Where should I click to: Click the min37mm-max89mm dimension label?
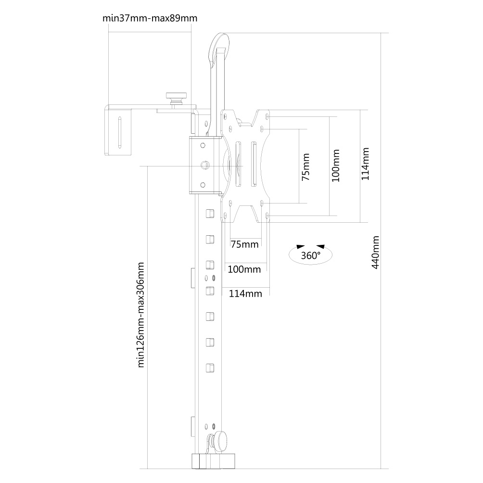coord(150,18)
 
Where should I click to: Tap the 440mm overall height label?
coord(376,252)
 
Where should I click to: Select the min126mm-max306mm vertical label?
coord(140,315)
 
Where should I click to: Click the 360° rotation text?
coord(310,255)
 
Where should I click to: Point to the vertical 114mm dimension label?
coord(365,164)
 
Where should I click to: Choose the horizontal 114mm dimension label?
coord(245,293)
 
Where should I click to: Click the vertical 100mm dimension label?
coord(336,165)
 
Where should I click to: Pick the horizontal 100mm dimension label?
coord(244,269)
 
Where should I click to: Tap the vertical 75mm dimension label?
coord(305,167)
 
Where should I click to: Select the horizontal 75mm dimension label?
coord(244,244)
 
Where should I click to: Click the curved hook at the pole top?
coord(219,49)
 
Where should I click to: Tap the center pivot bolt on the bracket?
coord(204,165)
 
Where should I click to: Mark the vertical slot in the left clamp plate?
coord(119,132)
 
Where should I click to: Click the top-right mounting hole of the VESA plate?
coord(267,117)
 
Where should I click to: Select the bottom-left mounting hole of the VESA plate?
coord(225,215)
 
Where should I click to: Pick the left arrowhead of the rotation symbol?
coord(300,246)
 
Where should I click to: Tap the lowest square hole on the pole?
coord(210,368)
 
